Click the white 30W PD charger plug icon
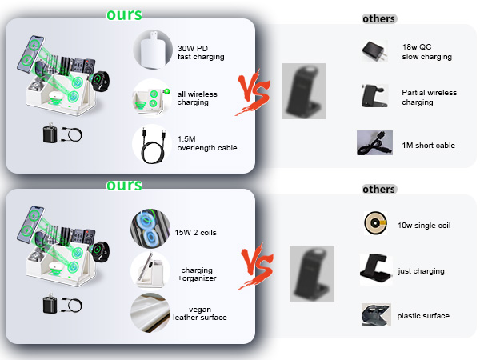click(153, 50)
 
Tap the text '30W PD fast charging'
click(201, 52)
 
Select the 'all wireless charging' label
click(197, 98)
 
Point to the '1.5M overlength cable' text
click(207, 143)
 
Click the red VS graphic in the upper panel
click(253, 91)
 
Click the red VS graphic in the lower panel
click(256, 266)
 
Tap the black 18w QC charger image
click(374, 51)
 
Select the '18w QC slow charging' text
click(426, 52)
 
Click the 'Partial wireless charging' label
click(429, 98)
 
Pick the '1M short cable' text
click(428, 145)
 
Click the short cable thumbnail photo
click(374, 142)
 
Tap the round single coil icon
click(376, 223)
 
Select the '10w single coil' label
click(424, 226)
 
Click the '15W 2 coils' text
click(196, 233)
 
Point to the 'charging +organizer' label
click(197, 274)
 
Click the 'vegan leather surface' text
click(200, 314)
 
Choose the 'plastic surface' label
click(423, 316)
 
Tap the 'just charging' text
click(421, 271)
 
